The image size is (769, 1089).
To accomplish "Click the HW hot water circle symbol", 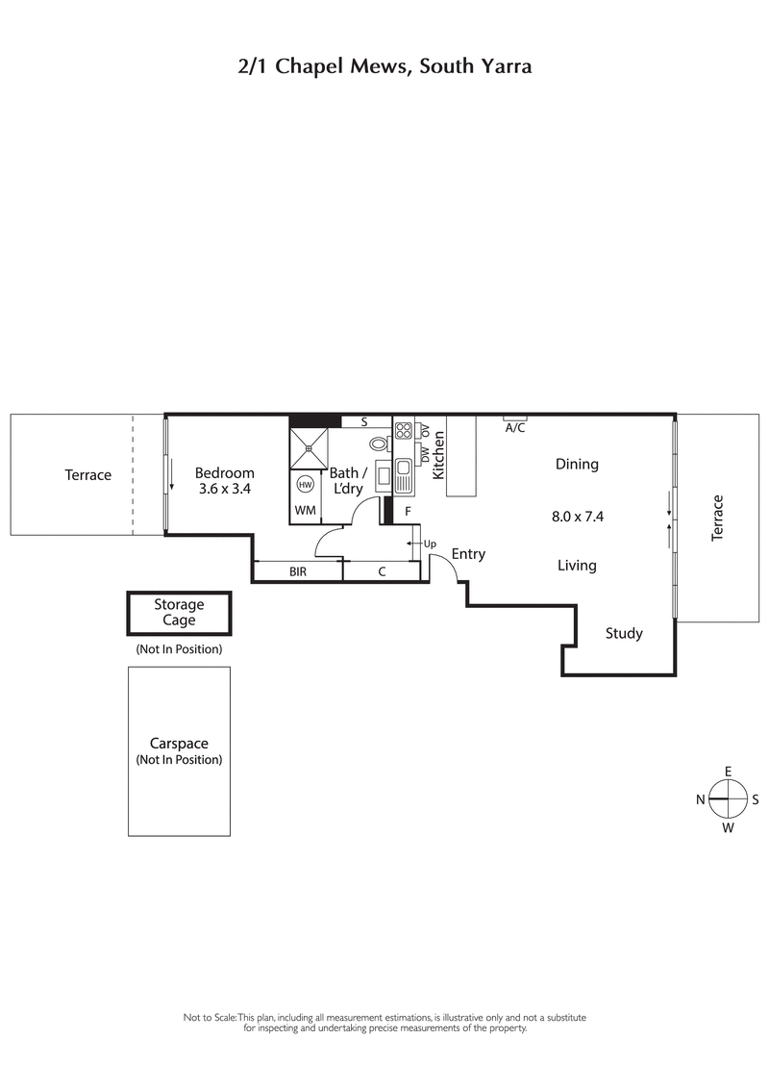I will click(306, 484).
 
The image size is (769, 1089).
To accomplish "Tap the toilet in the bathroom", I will click(379, 443).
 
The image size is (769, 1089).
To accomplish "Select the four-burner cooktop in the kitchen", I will click(404, 430).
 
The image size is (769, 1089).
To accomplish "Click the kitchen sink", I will click(404, 473).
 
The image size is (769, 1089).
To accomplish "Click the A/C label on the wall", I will click(515, 428).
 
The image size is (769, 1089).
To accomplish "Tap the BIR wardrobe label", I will click(298, 571).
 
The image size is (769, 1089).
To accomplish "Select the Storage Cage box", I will click(180, 613).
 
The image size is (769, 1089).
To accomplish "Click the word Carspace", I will click(179, 744).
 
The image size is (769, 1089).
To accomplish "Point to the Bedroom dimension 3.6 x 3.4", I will click(224, 489).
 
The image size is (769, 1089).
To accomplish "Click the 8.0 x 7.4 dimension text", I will click(577, 516).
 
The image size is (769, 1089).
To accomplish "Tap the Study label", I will click(624, 633).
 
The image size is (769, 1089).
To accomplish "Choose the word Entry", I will click(468, 554).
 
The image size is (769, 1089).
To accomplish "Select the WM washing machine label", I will click(305, 509).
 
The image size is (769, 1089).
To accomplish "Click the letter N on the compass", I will click(701, 798).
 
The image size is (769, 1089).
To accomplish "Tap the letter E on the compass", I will click(729, 772).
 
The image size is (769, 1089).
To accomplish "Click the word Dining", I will click(577, 464).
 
